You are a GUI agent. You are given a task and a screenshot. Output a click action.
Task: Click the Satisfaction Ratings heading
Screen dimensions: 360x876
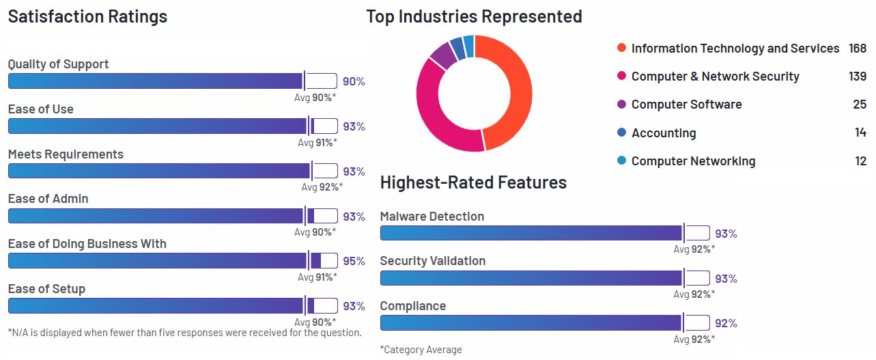click(x=87, y=16)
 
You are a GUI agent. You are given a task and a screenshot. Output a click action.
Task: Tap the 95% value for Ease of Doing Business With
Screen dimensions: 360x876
click(x=354, y=261)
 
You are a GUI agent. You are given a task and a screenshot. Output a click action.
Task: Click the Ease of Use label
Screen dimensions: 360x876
click(x=41, y=109)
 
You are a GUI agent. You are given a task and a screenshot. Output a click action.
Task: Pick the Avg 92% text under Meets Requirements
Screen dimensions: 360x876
click(x=322, y=187)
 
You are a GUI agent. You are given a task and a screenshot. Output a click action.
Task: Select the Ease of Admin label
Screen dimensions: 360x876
click(x=48, y=199)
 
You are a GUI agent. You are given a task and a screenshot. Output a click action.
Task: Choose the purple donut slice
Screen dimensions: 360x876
click(x=443, y=55)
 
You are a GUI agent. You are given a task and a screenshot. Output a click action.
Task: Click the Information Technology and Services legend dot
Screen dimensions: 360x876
click(x=621, y=48)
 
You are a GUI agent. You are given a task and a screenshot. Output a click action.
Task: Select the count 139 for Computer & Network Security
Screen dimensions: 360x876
click(x=858, y=77)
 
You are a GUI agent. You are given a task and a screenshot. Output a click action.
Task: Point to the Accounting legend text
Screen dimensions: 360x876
click(x=664, y=133)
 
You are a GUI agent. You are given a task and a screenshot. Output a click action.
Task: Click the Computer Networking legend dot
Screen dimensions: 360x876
click(x=621, y=161)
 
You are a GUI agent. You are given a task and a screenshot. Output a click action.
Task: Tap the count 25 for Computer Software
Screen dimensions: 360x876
click(x=860, y=105)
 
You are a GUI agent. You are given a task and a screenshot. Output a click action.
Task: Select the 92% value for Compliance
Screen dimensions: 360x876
click(x=726, y=323)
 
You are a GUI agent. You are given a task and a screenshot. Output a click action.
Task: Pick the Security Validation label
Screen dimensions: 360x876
click(x=433, y=261)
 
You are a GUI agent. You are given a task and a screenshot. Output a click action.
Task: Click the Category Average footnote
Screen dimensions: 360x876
click(x=421, y=350)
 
